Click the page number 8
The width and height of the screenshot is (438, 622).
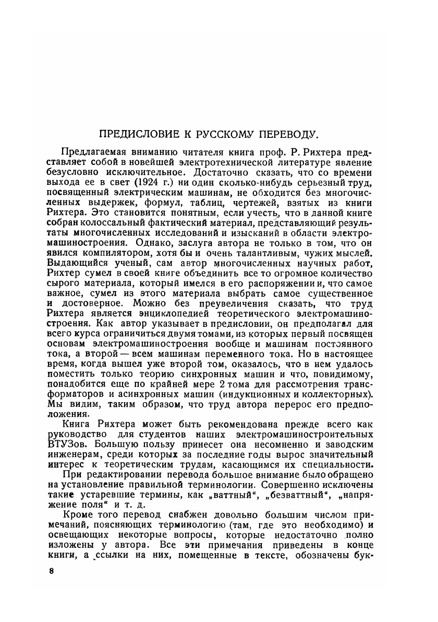tap(51, 569)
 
